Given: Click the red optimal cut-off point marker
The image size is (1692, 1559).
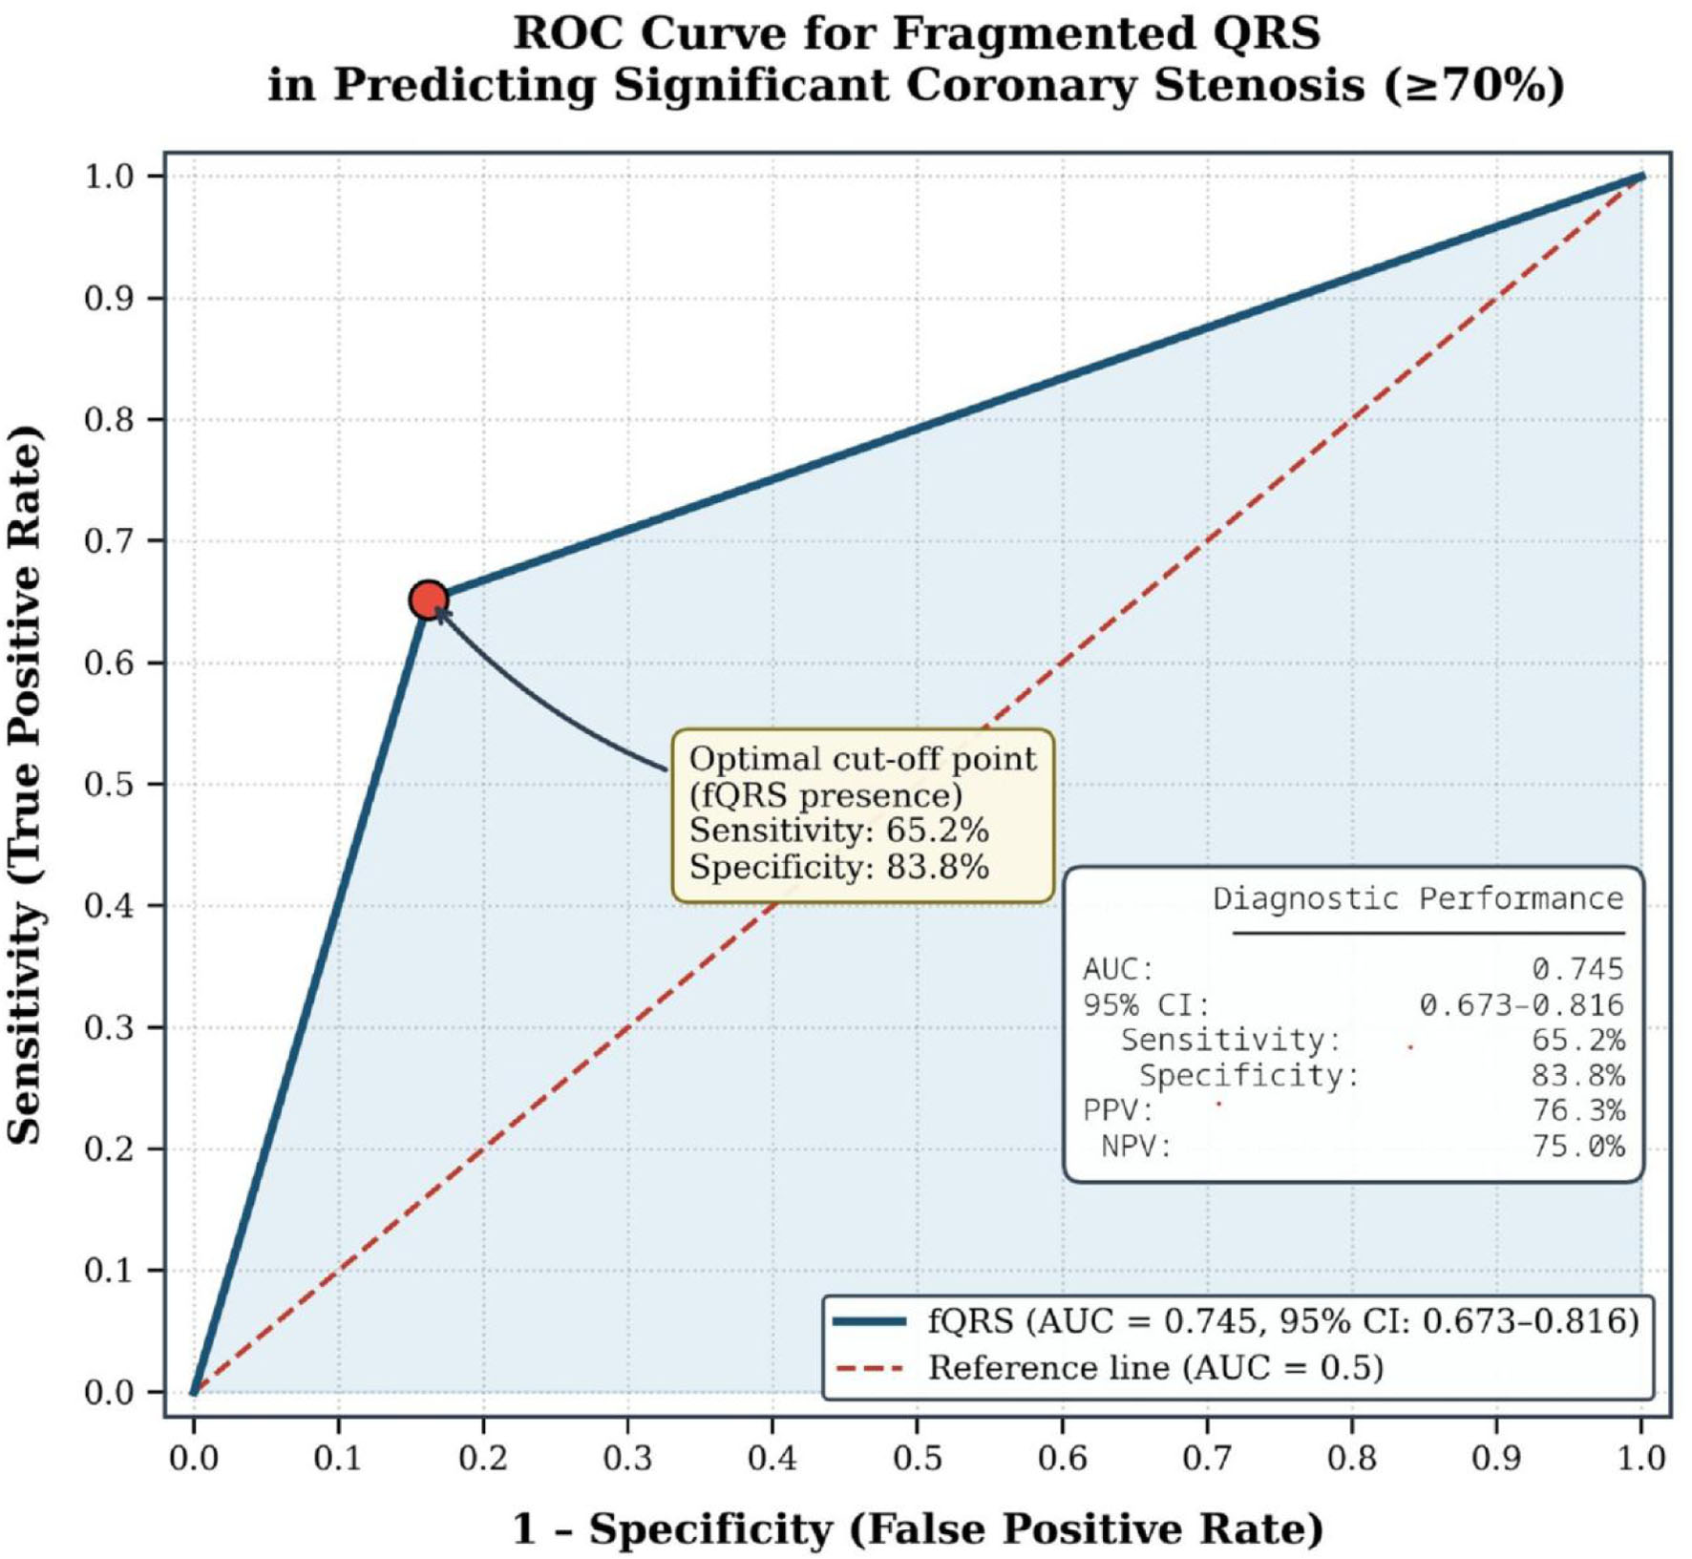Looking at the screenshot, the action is [x=428, y=600].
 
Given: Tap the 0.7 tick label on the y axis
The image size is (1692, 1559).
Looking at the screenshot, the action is [x=110, y=541].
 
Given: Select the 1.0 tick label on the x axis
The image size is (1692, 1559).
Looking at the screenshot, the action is [x=1641, y=1458].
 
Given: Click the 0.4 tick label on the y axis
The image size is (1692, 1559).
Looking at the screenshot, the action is [x=110, y=906].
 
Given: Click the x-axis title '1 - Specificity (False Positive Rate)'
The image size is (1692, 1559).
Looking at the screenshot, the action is [x=918, y=1528].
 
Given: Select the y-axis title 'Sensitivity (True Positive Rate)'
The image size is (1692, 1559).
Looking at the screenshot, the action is [x=26, y=784].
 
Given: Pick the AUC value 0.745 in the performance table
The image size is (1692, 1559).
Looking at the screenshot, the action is [x=1577, y=969].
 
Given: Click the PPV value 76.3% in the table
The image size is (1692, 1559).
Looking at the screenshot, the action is [x=1577, y=1110].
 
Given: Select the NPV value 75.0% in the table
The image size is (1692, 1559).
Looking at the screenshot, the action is [x=1577, y=1146].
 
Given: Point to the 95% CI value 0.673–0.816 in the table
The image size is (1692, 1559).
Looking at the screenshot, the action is [x=1521, y=1004].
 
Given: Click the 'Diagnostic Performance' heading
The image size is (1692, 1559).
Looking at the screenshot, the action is [x=1418, y=898].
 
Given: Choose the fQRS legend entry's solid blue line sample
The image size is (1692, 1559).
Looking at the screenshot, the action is [x=869, y=1321].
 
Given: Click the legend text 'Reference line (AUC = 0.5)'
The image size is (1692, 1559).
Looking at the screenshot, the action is [x=1156, y=1368].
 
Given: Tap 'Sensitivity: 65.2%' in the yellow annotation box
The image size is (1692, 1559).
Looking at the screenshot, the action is [x=839, y=831].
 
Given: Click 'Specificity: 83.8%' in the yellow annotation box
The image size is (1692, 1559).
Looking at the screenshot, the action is [x=839, y=867].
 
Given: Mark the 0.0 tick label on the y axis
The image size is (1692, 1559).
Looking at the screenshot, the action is [x=110, y=1393].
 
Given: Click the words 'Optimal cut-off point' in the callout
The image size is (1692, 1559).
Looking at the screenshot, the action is [x=863, y=759].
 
